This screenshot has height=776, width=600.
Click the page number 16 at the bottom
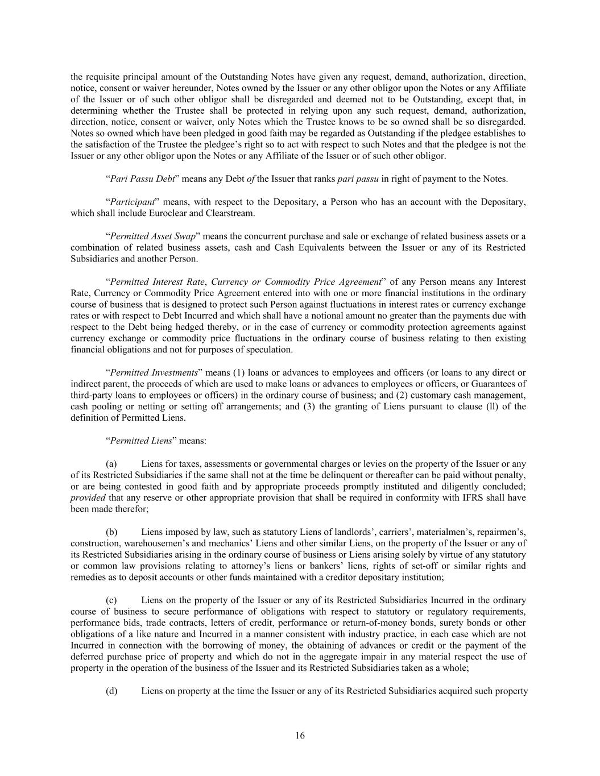pos(300,735)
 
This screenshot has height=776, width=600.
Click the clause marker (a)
pos(111,463)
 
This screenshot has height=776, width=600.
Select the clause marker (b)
pos(111,532)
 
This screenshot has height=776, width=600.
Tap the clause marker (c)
pos(111,600)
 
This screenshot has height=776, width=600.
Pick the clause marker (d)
pos(111,691)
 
